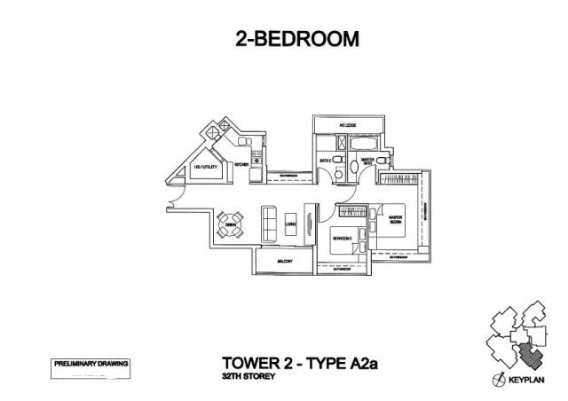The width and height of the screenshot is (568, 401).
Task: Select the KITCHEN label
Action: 241,165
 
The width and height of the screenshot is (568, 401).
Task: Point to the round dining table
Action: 230,221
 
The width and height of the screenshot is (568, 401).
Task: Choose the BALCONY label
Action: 284,262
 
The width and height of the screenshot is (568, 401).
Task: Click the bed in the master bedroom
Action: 392,224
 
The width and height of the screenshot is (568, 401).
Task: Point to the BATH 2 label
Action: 326,160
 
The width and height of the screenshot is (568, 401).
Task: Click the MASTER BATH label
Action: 367,161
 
